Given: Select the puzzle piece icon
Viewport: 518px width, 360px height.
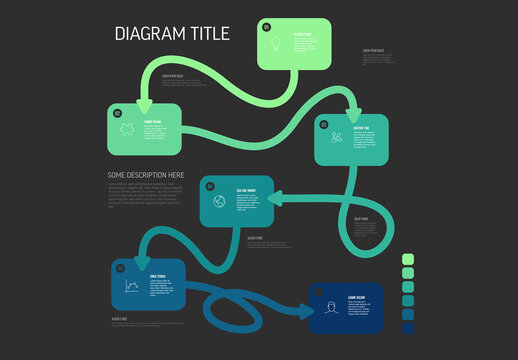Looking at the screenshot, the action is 128,129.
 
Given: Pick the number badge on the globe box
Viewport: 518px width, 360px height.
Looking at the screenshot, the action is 210,184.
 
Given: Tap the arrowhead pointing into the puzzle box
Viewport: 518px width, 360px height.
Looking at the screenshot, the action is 142,103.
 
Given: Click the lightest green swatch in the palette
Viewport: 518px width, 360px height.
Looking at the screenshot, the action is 407,259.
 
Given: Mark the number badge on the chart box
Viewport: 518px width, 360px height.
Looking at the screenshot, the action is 121,268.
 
